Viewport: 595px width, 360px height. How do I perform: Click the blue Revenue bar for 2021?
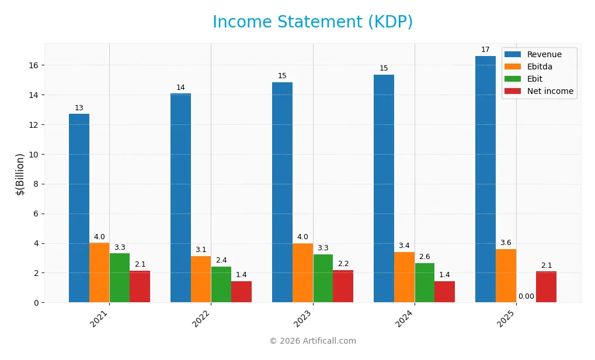click(79, 208)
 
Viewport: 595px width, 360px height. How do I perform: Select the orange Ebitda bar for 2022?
click(201, 279)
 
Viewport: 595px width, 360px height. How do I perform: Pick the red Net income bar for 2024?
click(444, 292)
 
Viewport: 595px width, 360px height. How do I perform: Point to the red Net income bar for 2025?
click(546, 286)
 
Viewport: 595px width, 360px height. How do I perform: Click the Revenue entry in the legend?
click(544, 55)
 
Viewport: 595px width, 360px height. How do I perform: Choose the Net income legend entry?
click(549, 91)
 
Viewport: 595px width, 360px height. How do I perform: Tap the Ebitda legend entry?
click(540, 67)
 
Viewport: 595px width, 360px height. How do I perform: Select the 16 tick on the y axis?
click(34, 65)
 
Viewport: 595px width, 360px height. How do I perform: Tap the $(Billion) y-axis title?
click(20, 174)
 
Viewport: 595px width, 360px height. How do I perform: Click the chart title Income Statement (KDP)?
click(312, 22)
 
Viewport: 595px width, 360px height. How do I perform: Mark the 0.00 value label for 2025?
click(526, 296)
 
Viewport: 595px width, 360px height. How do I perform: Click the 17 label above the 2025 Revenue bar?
click(485, 50)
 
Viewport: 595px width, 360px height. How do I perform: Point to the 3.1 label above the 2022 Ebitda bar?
click(201, 250)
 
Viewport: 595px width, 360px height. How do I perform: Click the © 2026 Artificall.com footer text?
click(312, 341)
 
